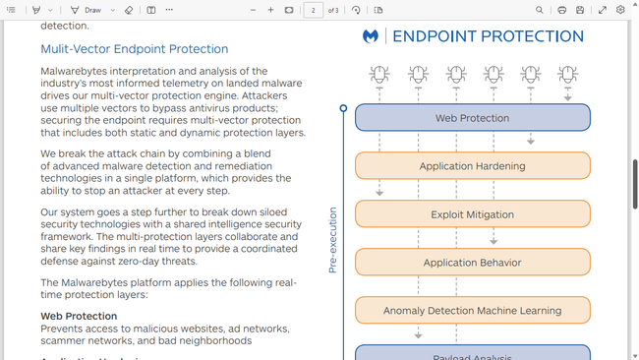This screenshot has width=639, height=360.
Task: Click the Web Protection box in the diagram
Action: [x=472, y=118]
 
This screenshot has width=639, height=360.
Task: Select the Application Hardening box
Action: [x=472, y=166]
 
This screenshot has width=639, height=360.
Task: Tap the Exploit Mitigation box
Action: [x=472, y=214]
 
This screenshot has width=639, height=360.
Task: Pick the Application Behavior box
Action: [x=472, y=263]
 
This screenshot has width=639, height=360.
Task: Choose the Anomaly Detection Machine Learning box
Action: [x=472, y=311]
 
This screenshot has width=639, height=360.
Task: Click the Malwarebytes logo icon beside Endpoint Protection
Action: [x=371, y=36]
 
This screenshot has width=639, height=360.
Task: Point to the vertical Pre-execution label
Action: [x=332, y=240]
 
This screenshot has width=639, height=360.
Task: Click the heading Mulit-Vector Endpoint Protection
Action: [x=134, y=49]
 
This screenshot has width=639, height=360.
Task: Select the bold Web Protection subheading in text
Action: [x=79, y=316]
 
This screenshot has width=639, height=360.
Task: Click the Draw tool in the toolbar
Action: [x=87, y=10]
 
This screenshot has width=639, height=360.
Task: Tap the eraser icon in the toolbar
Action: [x=129, y=10]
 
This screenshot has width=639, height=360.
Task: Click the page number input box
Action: [x=314, y=10]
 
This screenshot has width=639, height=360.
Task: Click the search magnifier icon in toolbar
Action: [x=540, y=10]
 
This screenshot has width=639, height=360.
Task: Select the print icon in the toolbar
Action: [x=561, y=10]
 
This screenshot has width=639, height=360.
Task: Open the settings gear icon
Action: [x=620, y=10]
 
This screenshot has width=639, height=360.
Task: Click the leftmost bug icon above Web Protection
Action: [x=379, y=74]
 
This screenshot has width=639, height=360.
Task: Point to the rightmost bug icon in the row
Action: [x=568, y=74]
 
